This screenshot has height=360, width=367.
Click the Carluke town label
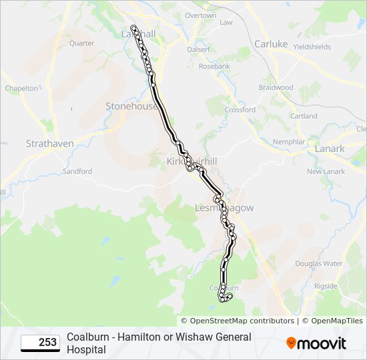pos(271,44)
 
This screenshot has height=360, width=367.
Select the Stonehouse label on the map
pos(131,106)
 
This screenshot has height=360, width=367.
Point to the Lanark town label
pos(330,149)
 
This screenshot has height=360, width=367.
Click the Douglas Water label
pos(318,263)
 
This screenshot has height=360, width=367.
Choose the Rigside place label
pos(326,286)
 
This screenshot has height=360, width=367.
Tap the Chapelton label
pos(21,88)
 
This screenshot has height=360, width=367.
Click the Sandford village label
pos(77,171)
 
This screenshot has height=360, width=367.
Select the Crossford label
pos(240,110)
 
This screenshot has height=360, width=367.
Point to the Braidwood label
pos(276,87)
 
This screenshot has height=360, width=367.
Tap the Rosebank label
pos(214,67)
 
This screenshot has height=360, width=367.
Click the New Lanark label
pos(326,171)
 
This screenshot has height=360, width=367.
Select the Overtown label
pos(200,15)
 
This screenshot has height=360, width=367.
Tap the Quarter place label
pos(81,43)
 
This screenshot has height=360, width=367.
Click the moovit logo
pos(316,343)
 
